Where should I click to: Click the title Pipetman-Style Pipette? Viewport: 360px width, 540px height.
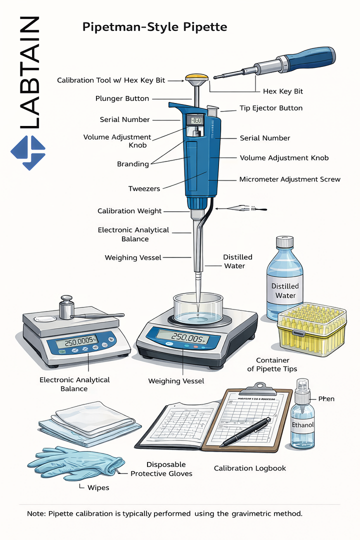pos(154,27)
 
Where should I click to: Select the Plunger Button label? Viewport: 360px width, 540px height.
pos(122,98)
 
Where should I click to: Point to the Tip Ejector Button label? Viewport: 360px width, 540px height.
pos(270,108)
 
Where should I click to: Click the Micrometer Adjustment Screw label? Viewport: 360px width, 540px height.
pos(289,179)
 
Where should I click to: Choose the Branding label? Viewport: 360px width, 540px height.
pos(133,164)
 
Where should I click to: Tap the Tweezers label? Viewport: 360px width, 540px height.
pos(144,188)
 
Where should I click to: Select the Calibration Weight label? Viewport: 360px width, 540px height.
pos(129,211)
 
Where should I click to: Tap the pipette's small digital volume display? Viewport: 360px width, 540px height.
pos(194,120)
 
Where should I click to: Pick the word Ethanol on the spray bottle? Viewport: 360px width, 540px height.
pos(303,424)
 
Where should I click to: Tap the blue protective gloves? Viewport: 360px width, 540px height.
pos(75,462)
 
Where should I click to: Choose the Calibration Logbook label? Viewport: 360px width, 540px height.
pos(250,468)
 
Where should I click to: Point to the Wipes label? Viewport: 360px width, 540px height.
pos(98,487)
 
